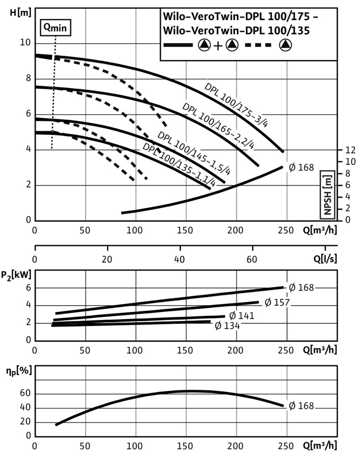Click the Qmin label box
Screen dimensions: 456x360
click(x=55, y=28)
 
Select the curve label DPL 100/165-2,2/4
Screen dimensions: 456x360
click(x=218, y=125)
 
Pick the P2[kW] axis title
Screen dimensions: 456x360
click(x=18, y=277)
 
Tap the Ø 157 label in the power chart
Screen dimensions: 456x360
click(x=273, y=302)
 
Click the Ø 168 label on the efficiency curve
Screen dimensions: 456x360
click(x=301, y=406)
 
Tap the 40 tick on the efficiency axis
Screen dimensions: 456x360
click(x=26, y=408)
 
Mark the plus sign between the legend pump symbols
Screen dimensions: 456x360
click(x=218, y=46)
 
